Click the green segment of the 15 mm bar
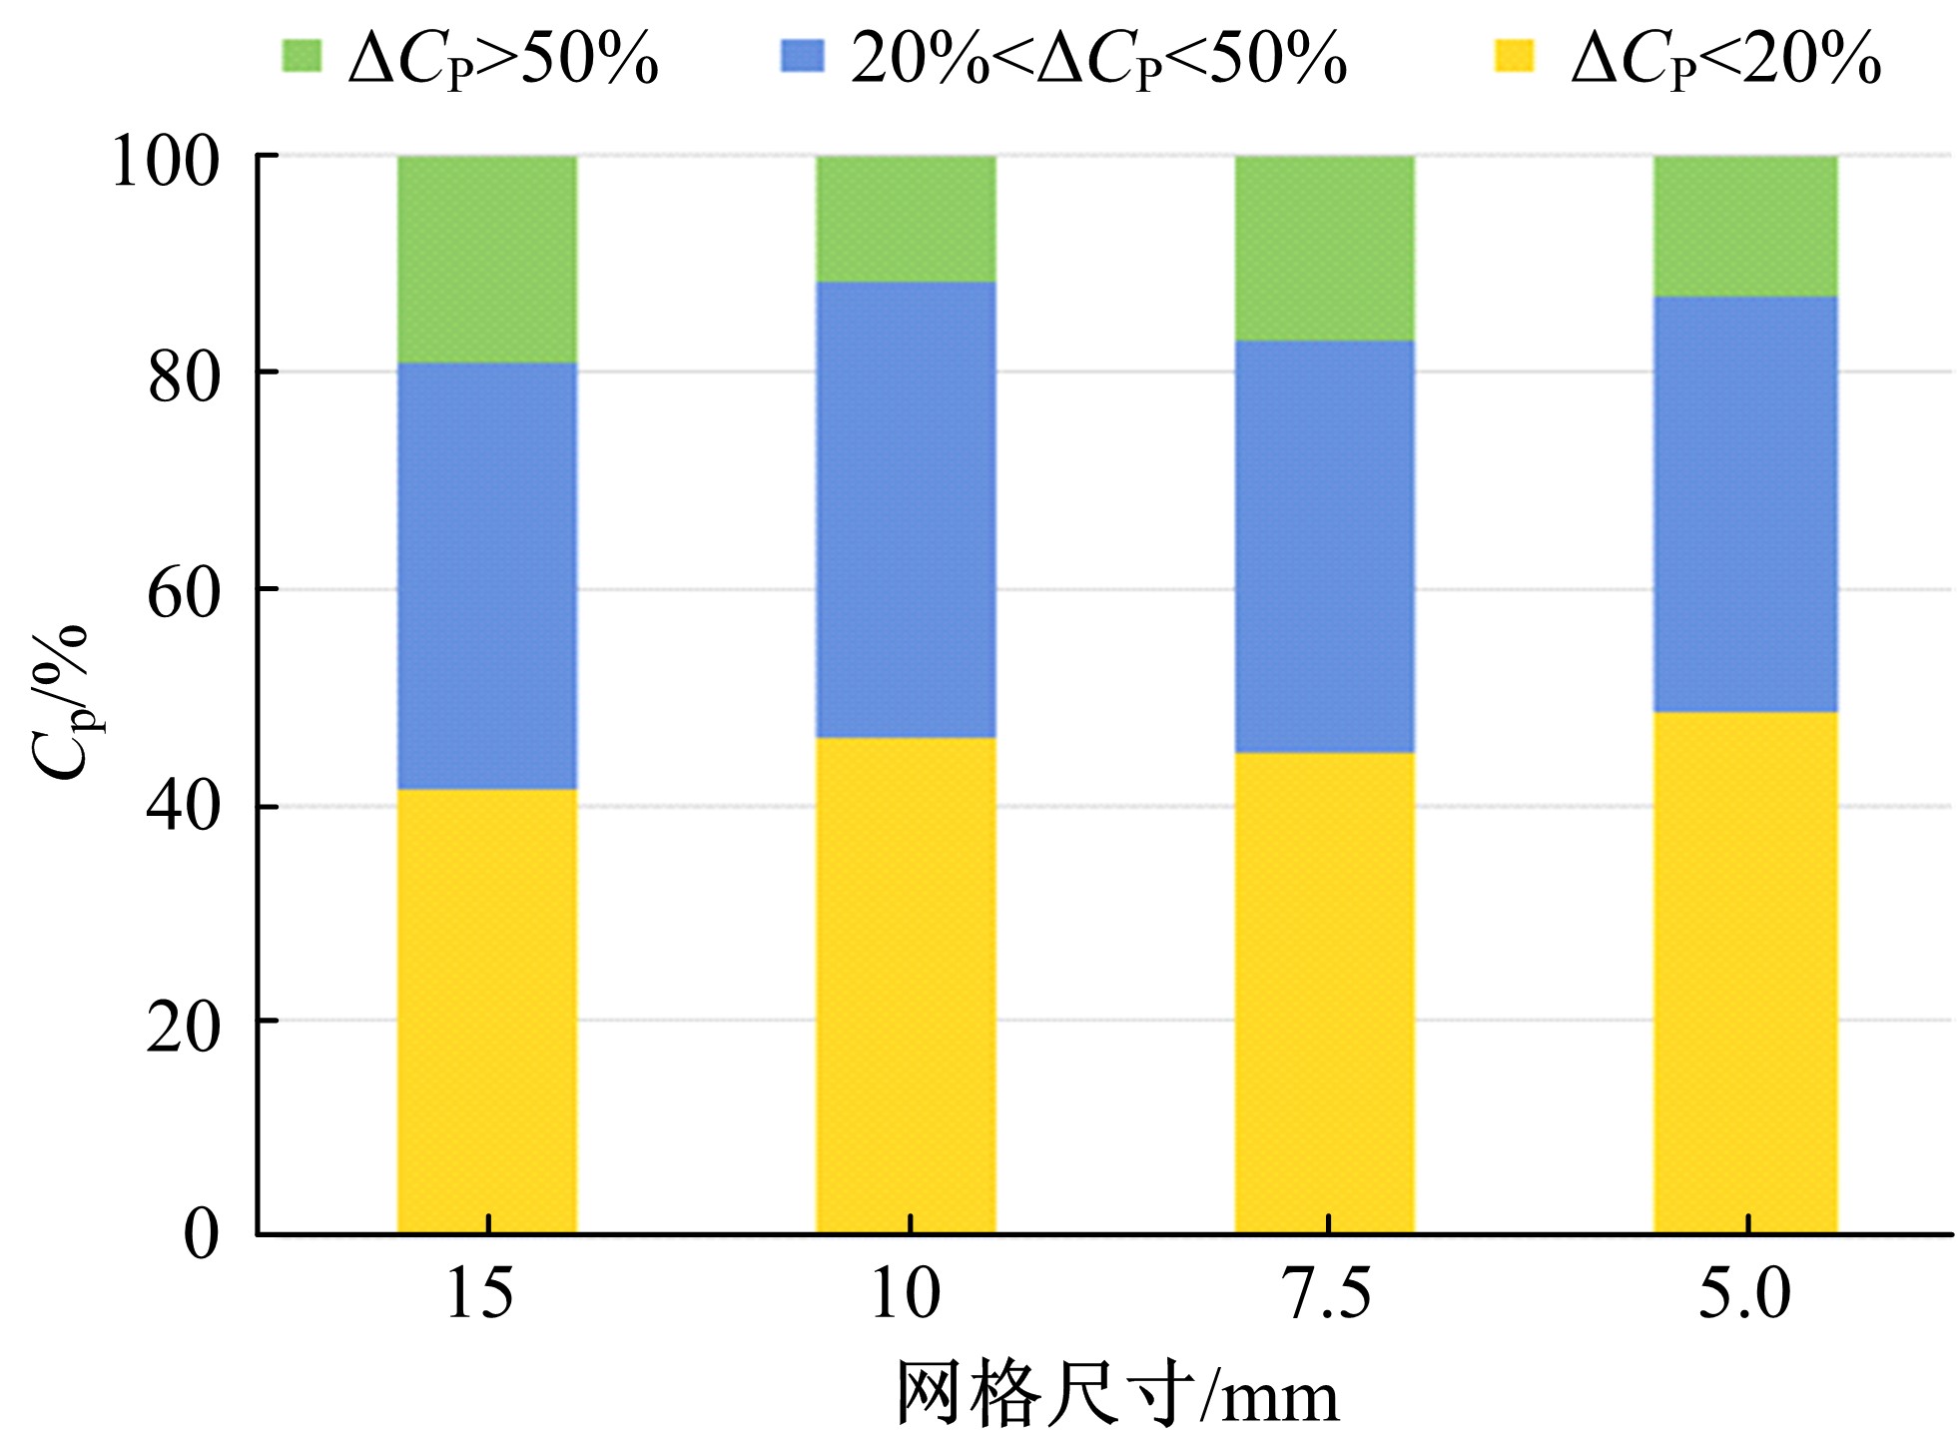tap(486, 259)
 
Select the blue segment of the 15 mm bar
tap(486, 575)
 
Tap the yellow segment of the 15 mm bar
tap(486, 1011)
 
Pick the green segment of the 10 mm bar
tap(906, 219)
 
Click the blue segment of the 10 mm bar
tap(906, 509)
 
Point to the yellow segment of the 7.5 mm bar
tap(1324, 993)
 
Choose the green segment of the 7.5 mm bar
tap(1324, 248)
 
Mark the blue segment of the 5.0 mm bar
tap(1744, 504)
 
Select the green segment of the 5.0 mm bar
tap(1744, 226)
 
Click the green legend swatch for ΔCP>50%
tap(301, 56)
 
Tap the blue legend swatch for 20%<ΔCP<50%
tap(802, 56)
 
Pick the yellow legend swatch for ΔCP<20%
tap(1513, 56)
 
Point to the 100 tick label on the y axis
tap(165, 162)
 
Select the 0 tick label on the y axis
tap(201, 1234)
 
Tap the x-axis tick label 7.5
tap(1326, 1294)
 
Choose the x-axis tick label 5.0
tap(1744, 1294)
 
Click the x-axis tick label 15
tap(479, 1294)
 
